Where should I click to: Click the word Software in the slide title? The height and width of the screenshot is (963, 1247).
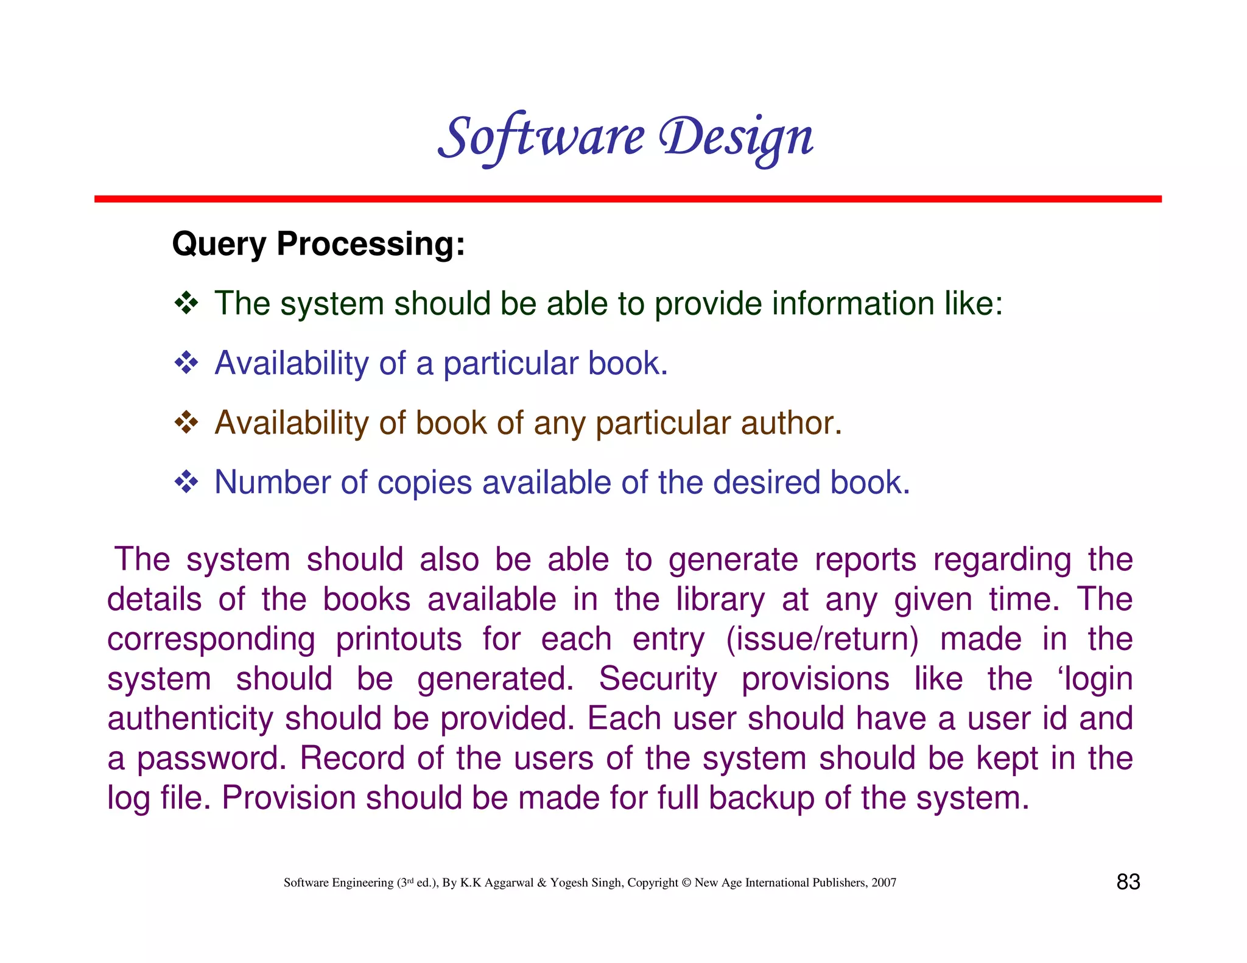541,138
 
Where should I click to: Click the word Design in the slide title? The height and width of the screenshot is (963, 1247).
736,138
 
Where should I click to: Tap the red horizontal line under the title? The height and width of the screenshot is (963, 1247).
627,199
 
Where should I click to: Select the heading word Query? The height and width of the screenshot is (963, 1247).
219,245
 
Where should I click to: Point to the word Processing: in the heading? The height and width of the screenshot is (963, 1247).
371,245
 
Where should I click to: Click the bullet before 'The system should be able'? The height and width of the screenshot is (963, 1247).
186,303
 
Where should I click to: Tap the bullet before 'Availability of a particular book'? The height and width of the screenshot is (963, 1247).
186,363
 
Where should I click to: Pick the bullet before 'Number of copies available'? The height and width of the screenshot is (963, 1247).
186,482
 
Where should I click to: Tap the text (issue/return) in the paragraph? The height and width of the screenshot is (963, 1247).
822,639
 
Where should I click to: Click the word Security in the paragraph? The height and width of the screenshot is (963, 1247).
658,679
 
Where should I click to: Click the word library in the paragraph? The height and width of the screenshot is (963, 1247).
720,600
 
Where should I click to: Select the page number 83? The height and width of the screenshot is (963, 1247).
1128,882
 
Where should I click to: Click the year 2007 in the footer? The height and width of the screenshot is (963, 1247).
883,883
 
